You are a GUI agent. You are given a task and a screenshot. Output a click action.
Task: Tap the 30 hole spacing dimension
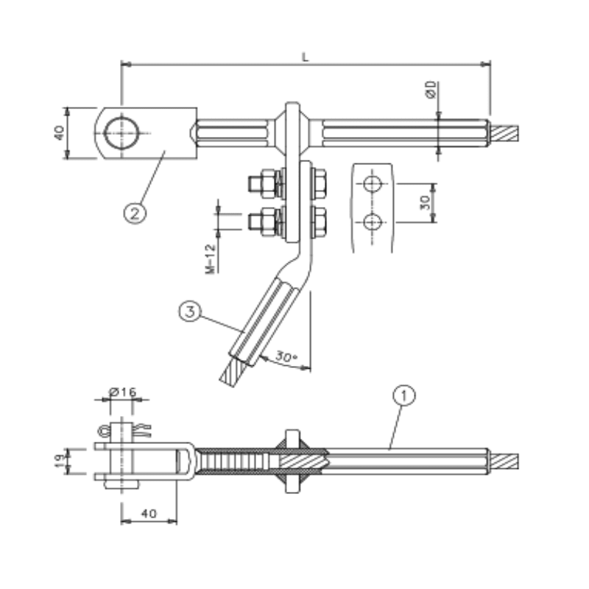click(x=424, y=202)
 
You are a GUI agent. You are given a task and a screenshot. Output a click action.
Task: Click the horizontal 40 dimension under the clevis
click(x=149, y=515)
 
